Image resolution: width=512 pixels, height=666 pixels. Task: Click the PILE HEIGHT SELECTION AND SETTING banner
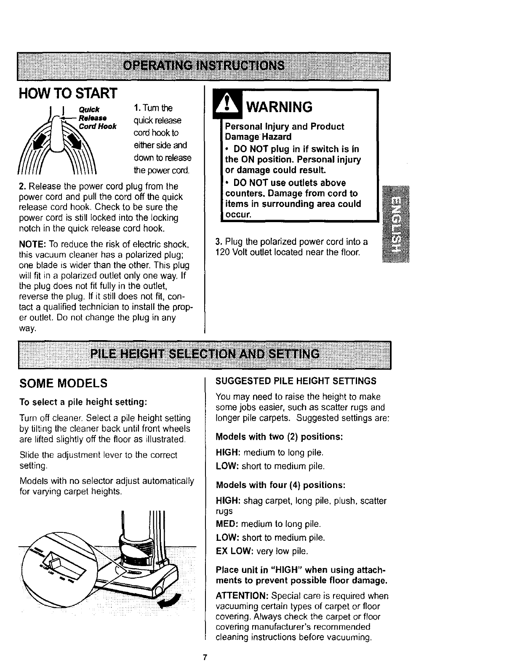tap(205, 354)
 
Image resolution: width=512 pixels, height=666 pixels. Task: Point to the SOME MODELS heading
tap(64, 384)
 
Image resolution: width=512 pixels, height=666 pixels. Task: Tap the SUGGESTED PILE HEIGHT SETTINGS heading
tap(296, 381)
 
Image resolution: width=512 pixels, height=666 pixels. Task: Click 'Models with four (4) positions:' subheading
tap(280, 485)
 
